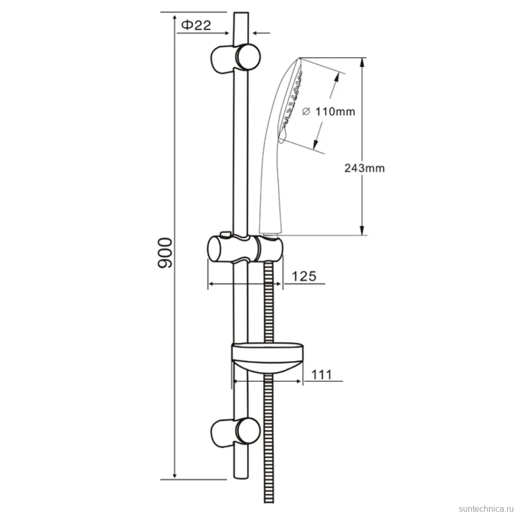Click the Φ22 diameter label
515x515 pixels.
click(x=196, y=25)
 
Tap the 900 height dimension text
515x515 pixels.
click(x=165, y=253)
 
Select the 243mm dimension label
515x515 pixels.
click(x=364, y=168)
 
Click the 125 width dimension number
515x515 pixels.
click(x=304, y=276)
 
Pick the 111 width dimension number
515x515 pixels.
click(x=321, y=375)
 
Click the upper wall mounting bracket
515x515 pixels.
click(x=235, y=57)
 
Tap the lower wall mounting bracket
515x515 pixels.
click(x=235, y=433)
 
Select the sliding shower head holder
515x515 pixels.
click(x=245, y=248)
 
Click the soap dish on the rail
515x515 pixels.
click(x=267, y=358)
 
